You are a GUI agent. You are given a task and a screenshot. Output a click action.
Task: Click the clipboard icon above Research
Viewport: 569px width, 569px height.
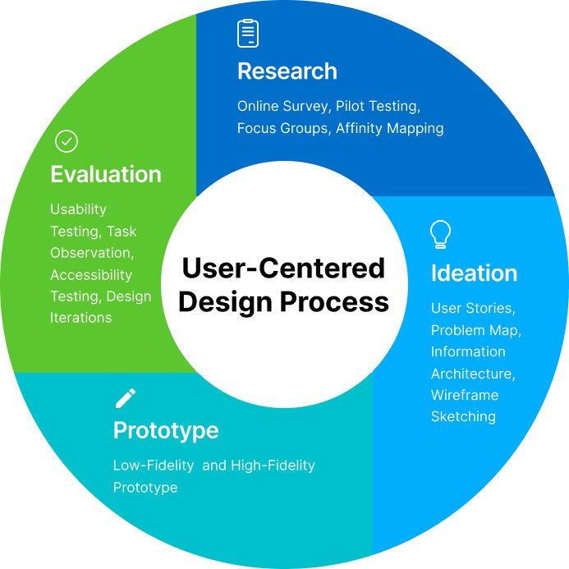[248, 33]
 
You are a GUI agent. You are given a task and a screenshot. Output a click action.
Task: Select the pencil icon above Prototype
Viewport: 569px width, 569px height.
[125, 399]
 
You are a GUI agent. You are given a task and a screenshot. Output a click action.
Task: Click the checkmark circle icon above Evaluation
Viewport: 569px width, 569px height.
[66, 141]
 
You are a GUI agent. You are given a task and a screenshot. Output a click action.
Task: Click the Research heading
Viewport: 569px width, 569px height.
[287, 71]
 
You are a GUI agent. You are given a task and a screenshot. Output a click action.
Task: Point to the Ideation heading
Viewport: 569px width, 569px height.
[474, 273]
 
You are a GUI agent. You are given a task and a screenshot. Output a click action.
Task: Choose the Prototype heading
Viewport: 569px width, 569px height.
[166, 430]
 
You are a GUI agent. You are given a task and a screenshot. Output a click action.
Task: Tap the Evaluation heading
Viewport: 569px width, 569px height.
[105, 174]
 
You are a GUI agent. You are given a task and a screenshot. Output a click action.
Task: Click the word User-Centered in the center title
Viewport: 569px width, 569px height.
[283, 268]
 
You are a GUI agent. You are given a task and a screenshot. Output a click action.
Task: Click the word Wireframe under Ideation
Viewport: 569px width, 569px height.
[464, 395]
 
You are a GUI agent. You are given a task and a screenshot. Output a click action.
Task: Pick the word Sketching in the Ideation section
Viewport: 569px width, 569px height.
[463, 416]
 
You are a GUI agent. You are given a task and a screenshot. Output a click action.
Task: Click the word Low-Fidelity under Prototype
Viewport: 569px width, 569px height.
[154, 466]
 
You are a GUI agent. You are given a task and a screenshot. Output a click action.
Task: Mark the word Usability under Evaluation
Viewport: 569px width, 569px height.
[78, 209]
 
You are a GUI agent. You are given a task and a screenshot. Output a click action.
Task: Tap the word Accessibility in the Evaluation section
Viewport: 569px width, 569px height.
[91, 274]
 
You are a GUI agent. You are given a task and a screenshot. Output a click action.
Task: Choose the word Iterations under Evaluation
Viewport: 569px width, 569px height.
[80, 317]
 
